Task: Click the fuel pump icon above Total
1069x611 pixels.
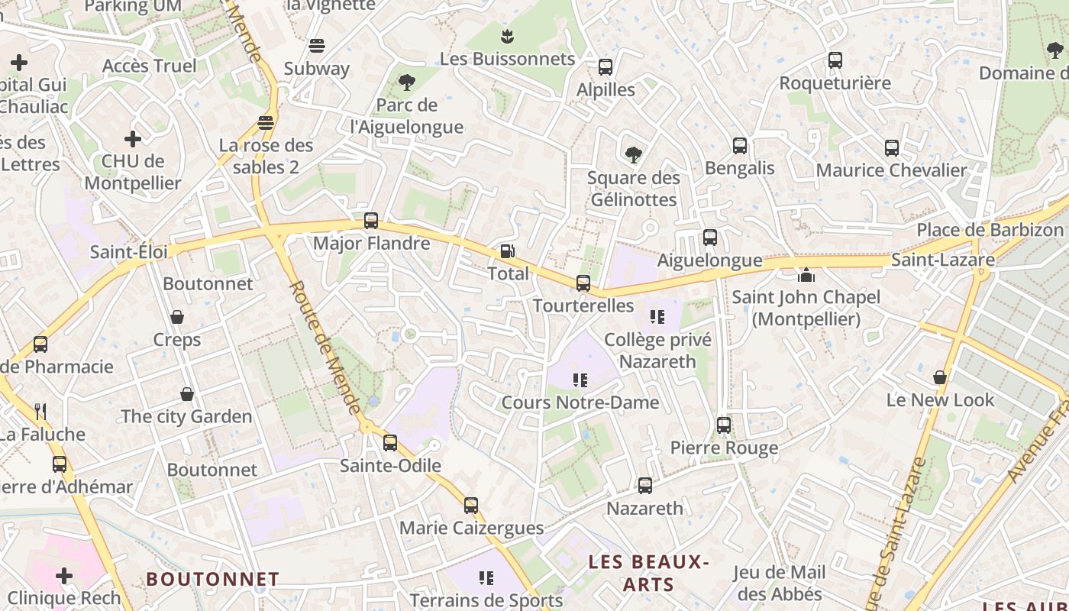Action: [507, 251]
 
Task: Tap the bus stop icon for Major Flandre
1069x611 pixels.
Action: [371, 221]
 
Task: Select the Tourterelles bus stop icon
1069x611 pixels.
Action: [583, 283]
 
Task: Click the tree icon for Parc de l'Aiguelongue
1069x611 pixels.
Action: [407, 82]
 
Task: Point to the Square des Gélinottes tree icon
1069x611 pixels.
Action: [633, 155]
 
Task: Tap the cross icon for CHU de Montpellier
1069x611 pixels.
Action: [133, 139]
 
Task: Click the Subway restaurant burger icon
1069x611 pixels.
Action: [317, 46]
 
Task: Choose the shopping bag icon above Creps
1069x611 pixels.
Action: [177, 317]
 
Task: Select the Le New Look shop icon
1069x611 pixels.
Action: [940, 377]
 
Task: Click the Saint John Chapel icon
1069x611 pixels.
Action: [806, 274]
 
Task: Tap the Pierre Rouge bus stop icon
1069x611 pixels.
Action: [724, 425]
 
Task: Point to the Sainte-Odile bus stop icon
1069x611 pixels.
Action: [390, 442]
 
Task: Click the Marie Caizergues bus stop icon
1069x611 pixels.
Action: [471, 505]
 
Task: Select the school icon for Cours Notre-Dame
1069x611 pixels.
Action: [580, 380]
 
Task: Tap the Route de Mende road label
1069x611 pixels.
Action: [325, 348]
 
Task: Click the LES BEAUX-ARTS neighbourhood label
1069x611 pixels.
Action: [649, 574]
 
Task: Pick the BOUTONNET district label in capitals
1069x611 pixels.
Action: [212, 579]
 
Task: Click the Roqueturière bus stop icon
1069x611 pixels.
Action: [835, 60]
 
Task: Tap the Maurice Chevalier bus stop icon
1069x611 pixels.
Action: [892, 147]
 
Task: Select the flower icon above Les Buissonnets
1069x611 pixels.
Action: [507, 36]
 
